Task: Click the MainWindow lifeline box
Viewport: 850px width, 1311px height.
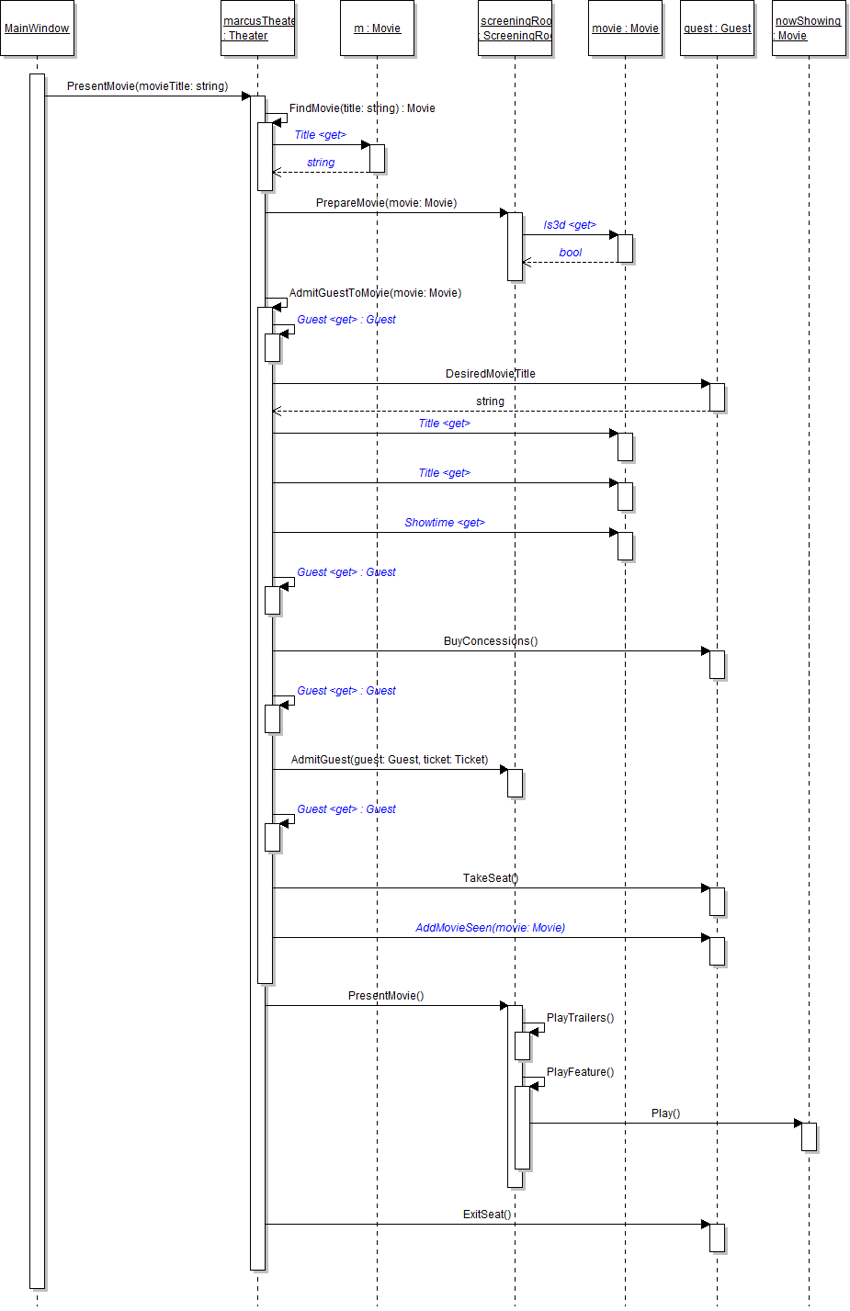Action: [37, 28]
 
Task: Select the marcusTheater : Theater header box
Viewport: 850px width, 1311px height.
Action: [258, 28]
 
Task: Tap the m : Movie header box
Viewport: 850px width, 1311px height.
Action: [377, 28]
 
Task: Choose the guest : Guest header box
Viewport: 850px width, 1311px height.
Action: [717, 28]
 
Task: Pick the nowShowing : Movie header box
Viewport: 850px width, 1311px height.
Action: [809, 28]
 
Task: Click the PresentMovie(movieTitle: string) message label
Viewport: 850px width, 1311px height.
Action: [147, 86]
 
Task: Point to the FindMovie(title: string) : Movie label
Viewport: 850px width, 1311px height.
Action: [362, 108]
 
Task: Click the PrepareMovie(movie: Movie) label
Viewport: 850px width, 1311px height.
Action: [386, 203]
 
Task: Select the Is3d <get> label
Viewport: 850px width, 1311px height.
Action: [570, 225]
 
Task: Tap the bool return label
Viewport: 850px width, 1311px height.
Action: [571, 253]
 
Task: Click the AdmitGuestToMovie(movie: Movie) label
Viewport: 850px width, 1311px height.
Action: [375, 293]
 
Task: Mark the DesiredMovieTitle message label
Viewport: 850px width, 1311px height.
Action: [490, 374]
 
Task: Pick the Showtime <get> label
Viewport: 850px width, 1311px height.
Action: [445, 523]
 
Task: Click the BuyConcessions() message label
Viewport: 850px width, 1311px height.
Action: [491, 641]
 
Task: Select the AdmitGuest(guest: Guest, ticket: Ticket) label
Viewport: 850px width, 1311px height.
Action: [390, 760]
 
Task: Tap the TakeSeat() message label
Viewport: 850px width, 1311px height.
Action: [491, 878]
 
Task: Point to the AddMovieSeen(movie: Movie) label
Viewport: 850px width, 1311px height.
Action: [491, 928]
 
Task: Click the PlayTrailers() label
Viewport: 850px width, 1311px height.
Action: [580, 1018]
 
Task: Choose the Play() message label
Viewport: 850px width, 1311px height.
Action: [666, 1113]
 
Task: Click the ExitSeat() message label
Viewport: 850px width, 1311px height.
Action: [487, 1215]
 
